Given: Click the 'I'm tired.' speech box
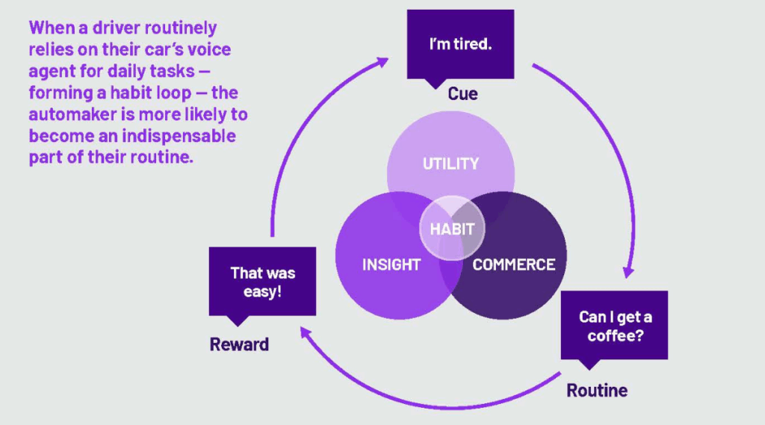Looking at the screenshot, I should coord(460,44).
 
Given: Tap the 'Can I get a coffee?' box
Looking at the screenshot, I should coord(614,326).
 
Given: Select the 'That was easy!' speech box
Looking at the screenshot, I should coord(262,282).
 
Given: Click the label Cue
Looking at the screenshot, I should coord(462,94).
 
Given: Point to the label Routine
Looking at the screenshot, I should coord(597,390).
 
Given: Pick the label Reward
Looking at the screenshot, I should coord(239,344).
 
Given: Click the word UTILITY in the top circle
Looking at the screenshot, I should coord(450,164).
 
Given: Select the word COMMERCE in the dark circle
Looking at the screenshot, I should coord(513,264).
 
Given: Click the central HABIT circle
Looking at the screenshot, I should coord(452,229).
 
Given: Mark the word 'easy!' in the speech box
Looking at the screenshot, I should coord(262,291).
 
